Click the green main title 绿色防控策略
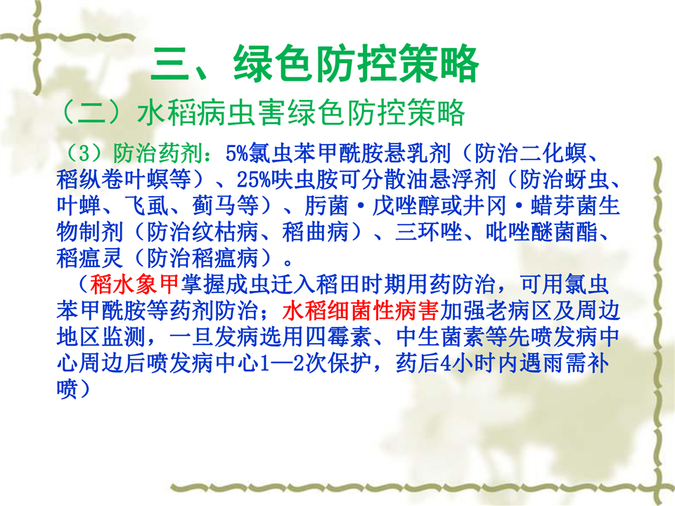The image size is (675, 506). pyautogui.click(x=356, y=64)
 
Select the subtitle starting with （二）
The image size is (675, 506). pyautogui.click(x=261, y=112)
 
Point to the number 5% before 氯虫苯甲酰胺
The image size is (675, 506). pyautogui.click(x=237, y=153)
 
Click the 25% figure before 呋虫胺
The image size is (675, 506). pyautogui.click(x=254, y=179)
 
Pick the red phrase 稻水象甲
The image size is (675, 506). pyautogui.click(x=134, y=284)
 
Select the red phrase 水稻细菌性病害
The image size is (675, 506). pyautogui.click(x=361, y=310)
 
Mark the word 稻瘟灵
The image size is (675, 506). pyautogui.click(x=90, y=258)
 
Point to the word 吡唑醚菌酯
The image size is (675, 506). pyautogui.click(x=542, y=232)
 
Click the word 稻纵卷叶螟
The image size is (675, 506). pyautogui.click(x=124, y=179)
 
